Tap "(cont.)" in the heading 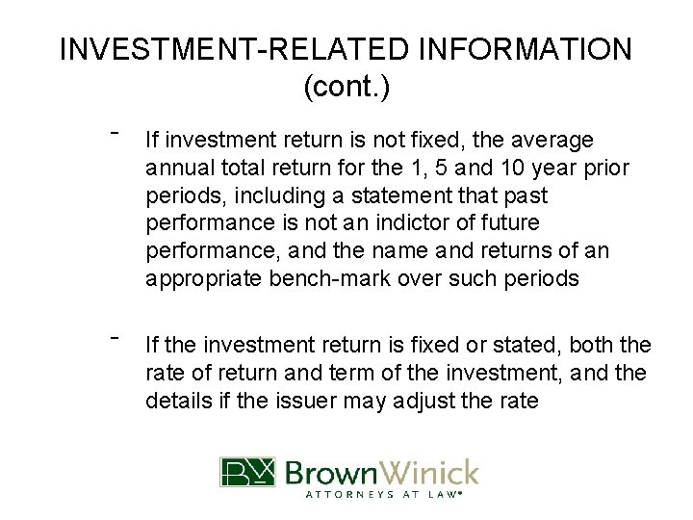(346, 87)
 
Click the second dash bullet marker (114, 336)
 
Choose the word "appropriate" (198, 279)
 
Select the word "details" (176, 400)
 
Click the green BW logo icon (247, 473)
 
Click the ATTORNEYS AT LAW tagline (383, 496)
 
